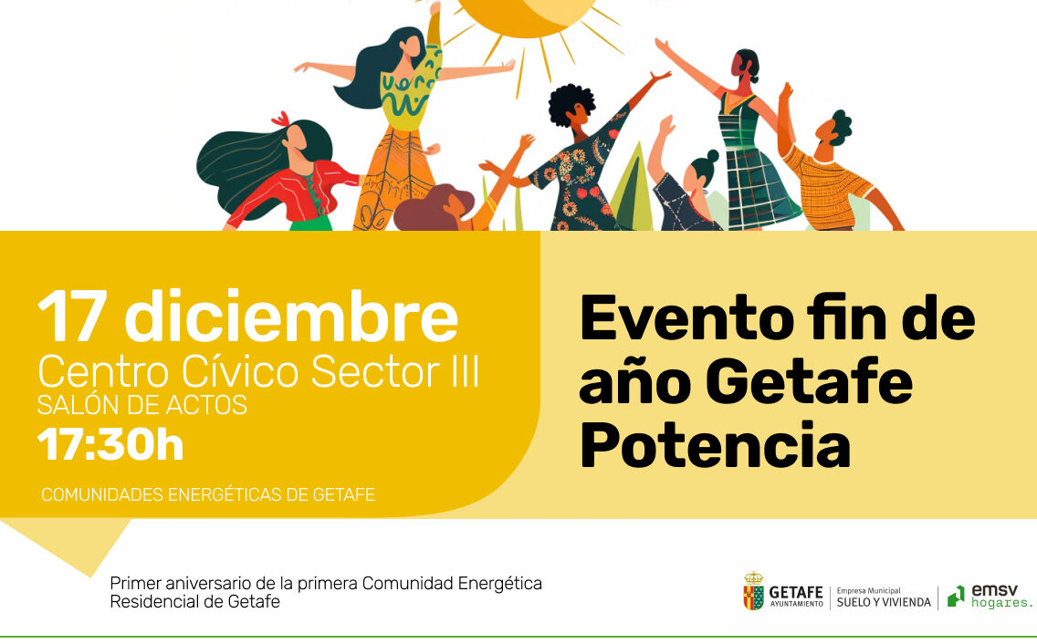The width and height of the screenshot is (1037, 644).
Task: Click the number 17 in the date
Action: pos(72,317)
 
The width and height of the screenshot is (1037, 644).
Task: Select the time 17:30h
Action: pos(110,444)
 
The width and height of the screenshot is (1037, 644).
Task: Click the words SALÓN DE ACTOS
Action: pos(142,405)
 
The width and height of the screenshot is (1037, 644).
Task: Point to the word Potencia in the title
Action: pos(715,446)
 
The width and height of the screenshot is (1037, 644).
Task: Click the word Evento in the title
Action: pos(686,318)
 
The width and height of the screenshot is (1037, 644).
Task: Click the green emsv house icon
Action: pos(957,596)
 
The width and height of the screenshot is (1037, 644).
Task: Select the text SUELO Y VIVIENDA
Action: pos(884,602)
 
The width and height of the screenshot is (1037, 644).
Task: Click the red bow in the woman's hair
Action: pos(280,119)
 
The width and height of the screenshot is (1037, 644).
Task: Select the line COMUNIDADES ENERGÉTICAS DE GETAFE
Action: pos(208,494)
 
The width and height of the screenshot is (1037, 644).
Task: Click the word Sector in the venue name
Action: pos(371,371)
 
